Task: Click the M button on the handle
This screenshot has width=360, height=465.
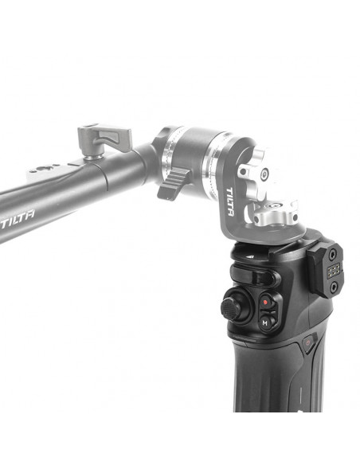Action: (x=265, y=322)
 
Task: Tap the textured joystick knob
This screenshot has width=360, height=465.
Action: (x=231, y=309)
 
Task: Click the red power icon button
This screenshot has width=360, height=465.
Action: (x=308, y=342)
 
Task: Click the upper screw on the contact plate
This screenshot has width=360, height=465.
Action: (x=333, y=253)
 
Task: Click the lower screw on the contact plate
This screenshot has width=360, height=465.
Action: (x=334, y=287)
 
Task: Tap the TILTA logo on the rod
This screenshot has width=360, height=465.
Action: (x=18, y=219)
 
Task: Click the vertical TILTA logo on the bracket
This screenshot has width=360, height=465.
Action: (x=230, y=201)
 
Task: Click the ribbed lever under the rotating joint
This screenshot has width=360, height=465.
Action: (x=173, y=184)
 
